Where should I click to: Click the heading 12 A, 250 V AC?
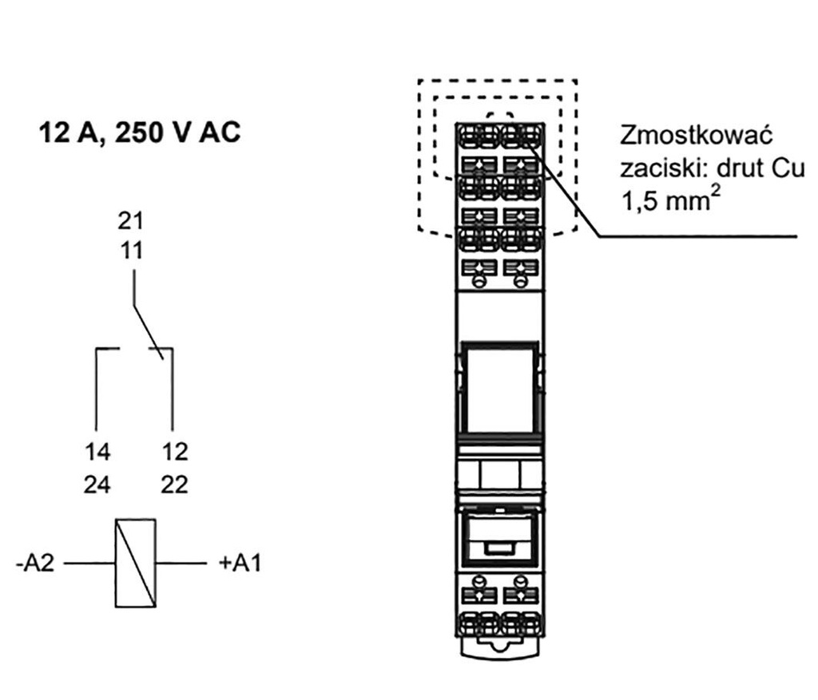click(140, 133)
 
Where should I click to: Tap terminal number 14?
click(97, 452)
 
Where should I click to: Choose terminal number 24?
click(97, 484)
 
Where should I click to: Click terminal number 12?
click(174, 452)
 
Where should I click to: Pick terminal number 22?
click(174, 484)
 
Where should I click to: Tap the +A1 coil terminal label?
click(240, 564)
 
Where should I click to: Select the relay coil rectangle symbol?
click(135, 563)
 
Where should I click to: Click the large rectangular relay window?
click(499, 388)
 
